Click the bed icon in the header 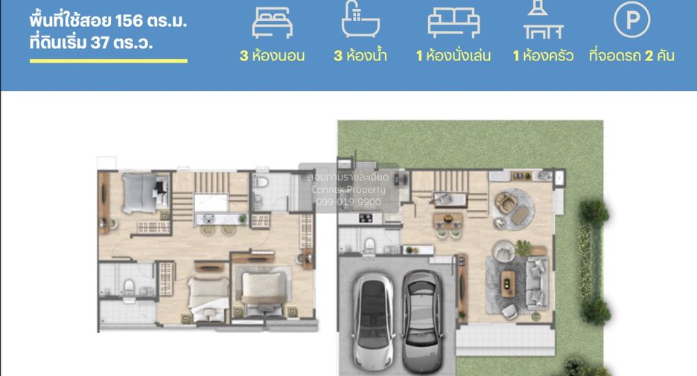click(x=272, y=22)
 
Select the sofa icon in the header click(x=453, y=22)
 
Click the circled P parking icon click(x=631, y=19)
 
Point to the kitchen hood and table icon click(x=543, y=19)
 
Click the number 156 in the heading click(x=129, y=20)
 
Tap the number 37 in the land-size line click(x=100, y=42)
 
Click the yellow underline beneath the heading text click(x=109, y=61)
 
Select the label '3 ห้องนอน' click(x=272, y=56)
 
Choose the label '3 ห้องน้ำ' click(x=360, y=56)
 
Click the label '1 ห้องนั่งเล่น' click(x=453, y=56)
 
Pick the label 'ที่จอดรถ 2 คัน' click(x=631, y=56)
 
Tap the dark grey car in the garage click(x=421, y=322)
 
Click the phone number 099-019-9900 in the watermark click(x=348, y=202)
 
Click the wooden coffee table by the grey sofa click(x=508, y=283)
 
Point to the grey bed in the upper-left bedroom click(x=141, y=193)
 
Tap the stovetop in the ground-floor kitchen click(x=366, y=218)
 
